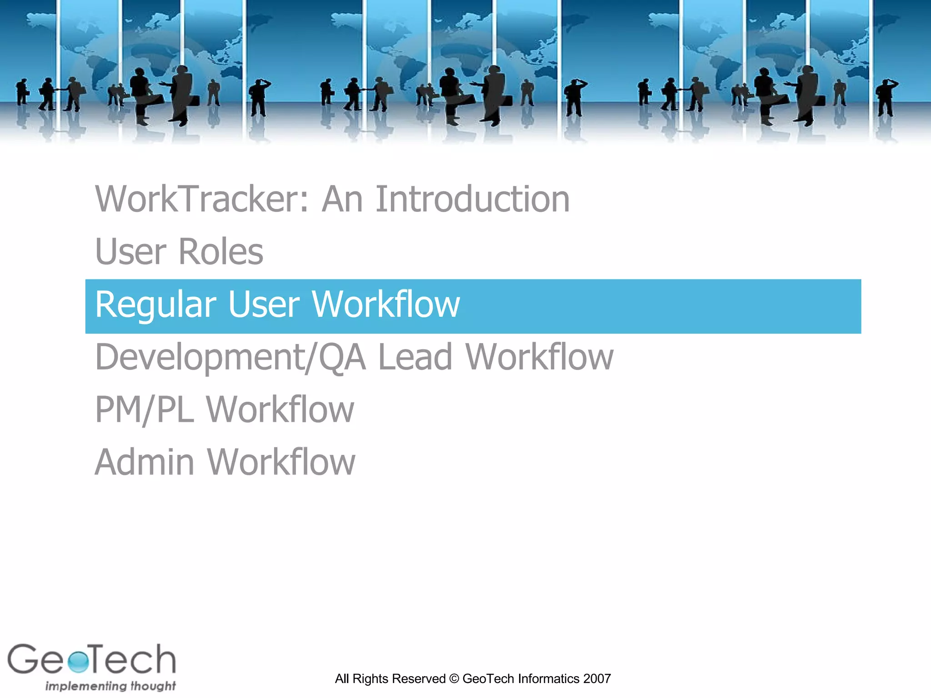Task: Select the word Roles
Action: pos(221,252)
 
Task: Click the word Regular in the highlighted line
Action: pos(156,304)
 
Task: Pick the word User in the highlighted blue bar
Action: pos(264,304)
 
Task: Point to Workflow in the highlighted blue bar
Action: pos(386,304)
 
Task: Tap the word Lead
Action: pos(415,357)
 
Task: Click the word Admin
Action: pos(145,463)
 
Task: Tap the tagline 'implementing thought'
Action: pos(110,686)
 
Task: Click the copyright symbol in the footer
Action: pos(454,679)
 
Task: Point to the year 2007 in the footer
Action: pos(597,679)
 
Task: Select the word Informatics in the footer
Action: pos(549,679)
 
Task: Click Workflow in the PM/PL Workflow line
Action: pos(280,410)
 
